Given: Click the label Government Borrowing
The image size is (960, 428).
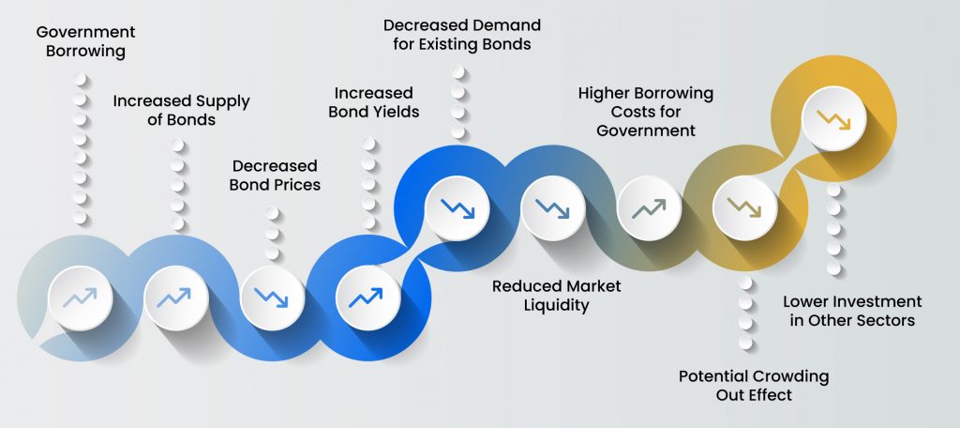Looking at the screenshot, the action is (85, 41).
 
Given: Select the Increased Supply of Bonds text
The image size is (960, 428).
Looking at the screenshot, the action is (181, 110).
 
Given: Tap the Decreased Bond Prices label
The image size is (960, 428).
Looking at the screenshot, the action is (275, 175).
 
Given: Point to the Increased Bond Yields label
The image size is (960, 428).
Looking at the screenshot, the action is (373, 102).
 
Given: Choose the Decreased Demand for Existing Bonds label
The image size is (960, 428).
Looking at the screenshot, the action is (461, 35).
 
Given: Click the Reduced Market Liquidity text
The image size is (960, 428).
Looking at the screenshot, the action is (557, 296).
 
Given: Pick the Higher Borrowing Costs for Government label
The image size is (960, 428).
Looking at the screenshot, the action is (646, 112).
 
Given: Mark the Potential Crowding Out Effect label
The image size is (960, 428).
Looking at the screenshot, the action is (754, 385).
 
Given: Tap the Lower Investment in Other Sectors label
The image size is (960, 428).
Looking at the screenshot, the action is (852, 311).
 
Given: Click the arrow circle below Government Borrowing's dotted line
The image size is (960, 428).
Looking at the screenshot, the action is (81, 298).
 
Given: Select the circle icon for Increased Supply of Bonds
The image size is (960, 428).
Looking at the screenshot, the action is (176, 298).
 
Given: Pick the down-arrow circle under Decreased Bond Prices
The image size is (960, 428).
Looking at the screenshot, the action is (272, 298).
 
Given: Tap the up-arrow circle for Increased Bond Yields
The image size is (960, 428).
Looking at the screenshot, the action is (367, 298).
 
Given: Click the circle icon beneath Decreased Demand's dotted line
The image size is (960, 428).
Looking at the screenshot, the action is (457, 208).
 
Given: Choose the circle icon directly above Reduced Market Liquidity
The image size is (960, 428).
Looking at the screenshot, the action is (553, 208).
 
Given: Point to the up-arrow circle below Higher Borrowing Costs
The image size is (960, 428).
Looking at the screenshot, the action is (649, 208).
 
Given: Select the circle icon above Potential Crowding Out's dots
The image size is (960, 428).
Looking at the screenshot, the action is (745, 208).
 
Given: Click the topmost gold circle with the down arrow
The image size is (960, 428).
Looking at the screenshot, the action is (833, 119).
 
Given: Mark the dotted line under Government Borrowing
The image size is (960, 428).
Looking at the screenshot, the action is (81, 148).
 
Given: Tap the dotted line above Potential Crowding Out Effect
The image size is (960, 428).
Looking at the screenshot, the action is (745, 313).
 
